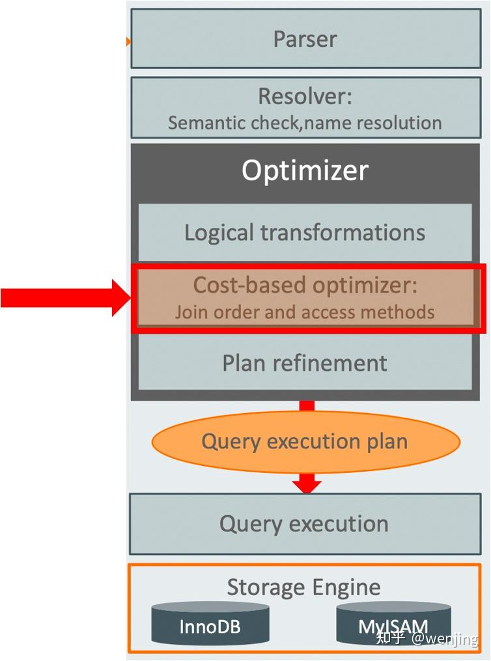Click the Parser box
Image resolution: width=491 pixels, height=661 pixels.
pos(305,38)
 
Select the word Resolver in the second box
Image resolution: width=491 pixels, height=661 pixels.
pos(305,96)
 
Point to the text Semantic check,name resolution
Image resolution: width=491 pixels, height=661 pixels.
pos(305,122)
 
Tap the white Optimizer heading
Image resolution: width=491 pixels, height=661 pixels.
pos(305,170)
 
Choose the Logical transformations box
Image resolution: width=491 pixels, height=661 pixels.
pos(305,232)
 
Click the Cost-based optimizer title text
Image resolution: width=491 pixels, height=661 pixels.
pos(305,285)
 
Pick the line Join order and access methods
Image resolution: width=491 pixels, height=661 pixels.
pos(305,312)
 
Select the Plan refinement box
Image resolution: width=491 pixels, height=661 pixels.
pos(305,363)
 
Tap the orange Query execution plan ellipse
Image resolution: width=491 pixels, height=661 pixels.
pos(305,442)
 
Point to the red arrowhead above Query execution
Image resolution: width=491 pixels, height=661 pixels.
pos(307,484)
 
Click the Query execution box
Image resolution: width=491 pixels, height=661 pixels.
pos(305,524)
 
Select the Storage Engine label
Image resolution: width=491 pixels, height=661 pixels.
pos(303,587)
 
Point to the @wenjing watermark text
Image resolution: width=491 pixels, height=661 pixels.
pos(444,639)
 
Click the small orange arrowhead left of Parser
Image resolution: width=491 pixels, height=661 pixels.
pos(128,42)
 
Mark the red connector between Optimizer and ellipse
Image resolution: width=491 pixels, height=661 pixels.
pos(307,405)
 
